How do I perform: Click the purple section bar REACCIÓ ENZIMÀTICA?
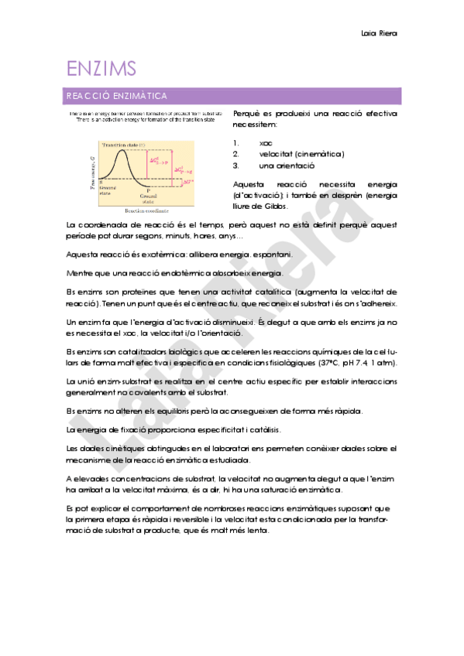coord(232,97)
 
